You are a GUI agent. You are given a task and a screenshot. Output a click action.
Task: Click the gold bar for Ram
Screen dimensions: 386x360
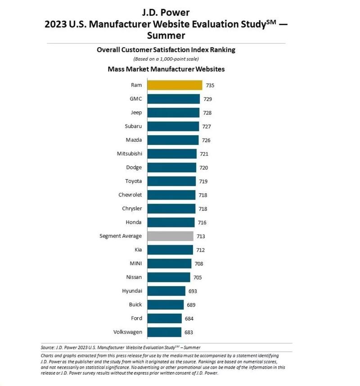pyautogui.click(x=175, y=85)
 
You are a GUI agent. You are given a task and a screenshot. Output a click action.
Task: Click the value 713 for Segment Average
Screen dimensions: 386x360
pyautogui.click(x=201, y=236)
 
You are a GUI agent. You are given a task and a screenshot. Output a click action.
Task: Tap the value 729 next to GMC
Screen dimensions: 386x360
pyautogui.click(x=207, y=99)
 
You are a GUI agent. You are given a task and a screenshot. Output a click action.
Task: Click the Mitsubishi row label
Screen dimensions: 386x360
pyautogui.click(x=130, y=154)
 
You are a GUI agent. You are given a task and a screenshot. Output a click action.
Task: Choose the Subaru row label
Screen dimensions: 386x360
pyautogui.click(x=134, y=126)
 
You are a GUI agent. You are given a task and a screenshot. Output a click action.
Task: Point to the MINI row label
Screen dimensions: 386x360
pyautogui.click(x=135, y=263)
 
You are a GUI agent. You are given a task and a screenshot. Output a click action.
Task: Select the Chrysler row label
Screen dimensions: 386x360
pyautogui.click(x=131, y=209)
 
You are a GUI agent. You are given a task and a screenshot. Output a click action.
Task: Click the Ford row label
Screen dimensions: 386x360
pyautogui.click(x=136, y=318)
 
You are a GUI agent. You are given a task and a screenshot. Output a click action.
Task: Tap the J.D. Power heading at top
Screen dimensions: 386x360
pyautogui.click(x=166, y=13)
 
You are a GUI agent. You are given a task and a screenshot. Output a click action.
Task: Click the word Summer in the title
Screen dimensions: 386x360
pyautogui.click(x=166, y=35)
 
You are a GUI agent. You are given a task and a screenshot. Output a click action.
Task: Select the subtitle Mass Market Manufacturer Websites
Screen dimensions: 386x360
pyautogui.click(x=166, y=69)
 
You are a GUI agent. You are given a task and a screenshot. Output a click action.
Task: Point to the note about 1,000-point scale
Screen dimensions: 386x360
pyautogui.click(x=166, y=59)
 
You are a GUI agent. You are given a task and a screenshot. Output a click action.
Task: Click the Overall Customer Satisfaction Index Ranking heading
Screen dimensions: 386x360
pyautogui.click(x=166, y=50)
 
